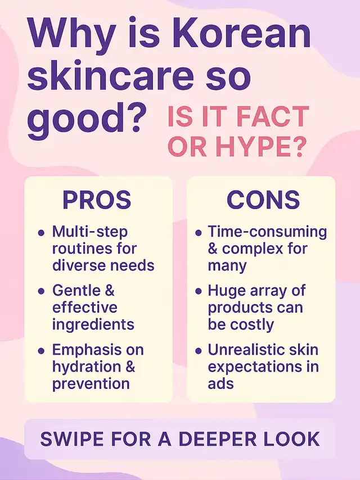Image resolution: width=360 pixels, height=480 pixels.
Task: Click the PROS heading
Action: [97, 200]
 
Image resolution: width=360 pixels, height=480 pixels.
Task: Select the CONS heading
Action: [263, 200]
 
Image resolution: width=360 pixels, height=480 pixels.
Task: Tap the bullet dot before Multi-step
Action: [41, 233]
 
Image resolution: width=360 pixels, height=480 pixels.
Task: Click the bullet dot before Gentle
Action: [41, 291]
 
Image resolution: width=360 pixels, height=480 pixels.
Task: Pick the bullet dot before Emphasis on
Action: [41, 351]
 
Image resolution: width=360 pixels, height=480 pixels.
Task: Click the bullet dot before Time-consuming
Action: [199, 233]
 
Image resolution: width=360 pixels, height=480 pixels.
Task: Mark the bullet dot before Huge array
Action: [199, 291]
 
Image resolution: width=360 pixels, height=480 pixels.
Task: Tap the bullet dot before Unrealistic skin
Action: [199, 351]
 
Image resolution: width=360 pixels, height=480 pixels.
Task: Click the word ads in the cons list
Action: [220, 383]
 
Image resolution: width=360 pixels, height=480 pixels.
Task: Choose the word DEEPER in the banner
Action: [217, 439]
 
